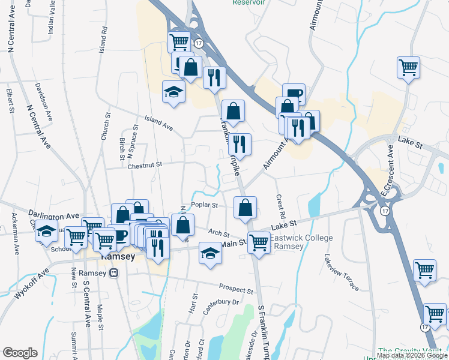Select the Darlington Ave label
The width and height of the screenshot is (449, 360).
pyautogui.click(x=54, y=215)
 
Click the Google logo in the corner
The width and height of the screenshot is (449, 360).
pyautogui.click(x=20, y=353)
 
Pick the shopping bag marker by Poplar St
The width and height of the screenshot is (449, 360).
pyautogui.click(x=245, y=208)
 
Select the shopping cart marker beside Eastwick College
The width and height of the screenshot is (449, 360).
pyautogui.click(x=259, y=242)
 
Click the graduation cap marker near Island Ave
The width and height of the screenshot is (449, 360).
pyautogui.click(x=174, y=92)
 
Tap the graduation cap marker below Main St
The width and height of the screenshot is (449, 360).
pyautogui.click(x=210, y=253)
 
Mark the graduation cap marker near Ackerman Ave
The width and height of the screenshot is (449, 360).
pyautogui.click(x=47, y=231)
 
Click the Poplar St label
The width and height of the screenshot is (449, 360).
pyautogui.click(x=204, y=205)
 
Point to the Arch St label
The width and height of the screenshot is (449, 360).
pyautogui.click(x=219, y=233)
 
